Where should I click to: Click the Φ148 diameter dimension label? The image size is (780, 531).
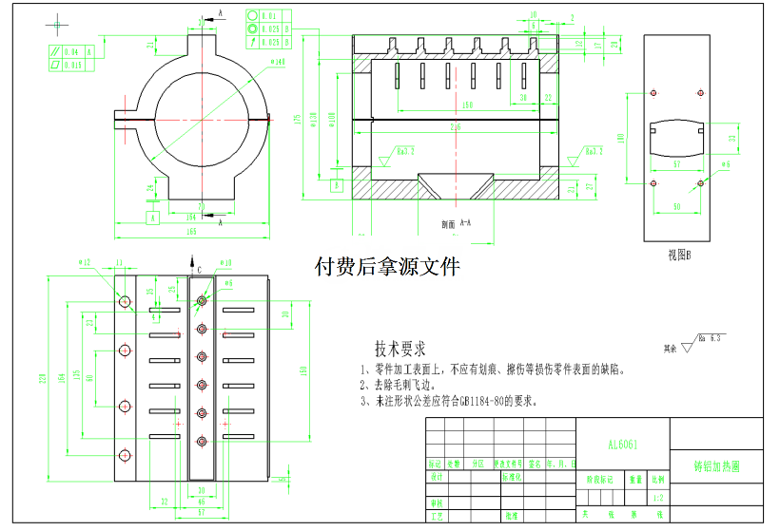279,63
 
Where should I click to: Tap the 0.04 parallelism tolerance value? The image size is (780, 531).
71,51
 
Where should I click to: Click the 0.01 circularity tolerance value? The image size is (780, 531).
270,16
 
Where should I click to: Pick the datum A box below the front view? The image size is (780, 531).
151,218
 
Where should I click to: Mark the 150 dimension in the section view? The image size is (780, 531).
466,104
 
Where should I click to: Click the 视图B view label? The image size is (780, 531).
678,254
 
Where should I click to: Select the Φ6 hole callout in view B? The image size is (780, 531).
726,163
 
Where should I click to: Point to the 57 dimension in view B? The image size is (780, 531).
676,164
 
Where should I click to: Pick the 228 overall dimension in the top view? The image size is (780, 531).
43,378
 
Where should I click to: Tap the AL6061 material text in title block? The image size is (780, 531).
623,444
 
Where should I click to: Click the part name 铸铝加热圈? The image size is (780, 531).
717,467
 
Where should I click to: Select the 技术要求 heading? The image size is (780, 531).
400,349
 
